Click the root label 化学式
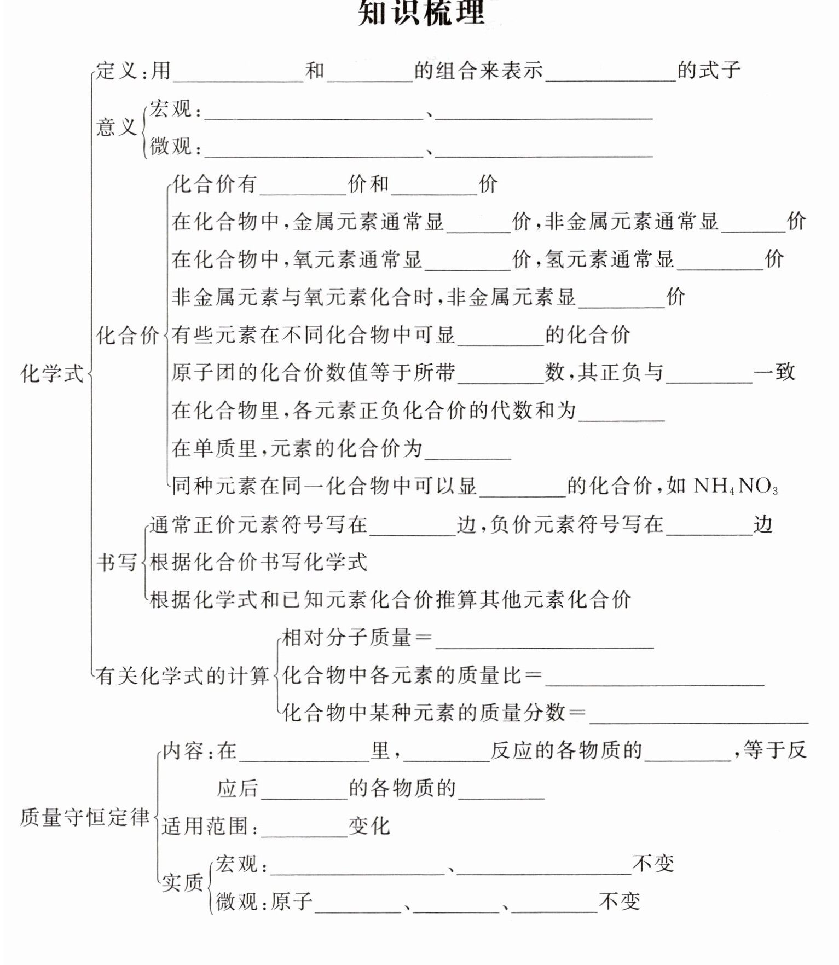52,374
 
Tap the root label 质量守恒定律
85,817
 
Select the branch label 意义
116,127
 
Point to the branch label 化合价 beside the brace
127,335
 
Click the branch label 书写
116,562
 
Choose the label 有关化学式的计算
182,675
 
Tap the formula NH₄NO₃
736,486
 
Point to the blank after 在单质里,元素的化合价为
467,453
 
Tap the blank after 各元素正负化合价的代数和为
621,414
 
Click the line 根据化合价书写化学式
258,562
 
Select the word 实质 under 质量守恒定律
182,883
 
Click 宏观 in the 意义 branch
171,109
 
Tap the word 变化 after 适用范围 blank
369,826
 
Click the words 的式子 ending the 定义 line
709,71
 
